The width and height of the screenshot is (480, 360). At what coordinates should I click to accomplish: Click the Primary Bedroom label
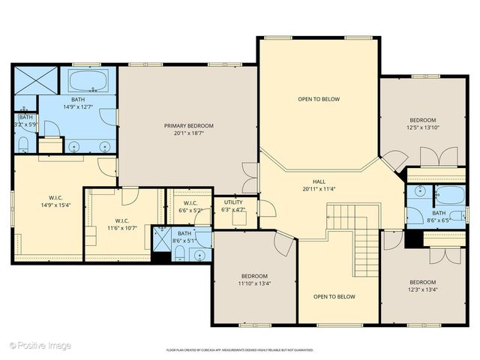click(189, 126)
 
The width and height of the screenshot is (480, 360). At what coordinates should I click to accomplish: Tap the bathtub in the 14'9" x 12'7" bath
click(88, 80)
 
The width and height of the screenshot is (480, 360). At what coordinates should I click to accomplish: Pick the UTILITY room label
click(234, 202)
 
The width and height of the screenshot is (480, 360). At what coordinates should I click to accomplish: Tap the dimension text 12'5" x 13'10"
click(422, 127)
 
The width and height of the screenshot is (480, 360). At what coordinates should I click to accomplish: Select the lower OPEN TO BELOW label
click(336, 297)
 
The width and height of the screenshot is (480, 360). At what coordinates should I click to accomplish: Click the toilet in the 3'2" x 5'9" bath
click(24, 142)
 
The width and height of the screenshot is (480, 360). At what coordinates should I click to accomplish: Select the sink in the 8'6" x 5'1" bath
click(199, 255)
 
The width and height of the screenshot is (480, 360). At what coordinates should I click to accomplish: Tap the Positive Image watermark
click(40, 345)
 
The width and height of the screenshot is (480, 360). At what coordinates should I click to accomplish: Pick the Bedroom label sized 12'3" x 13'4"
click(422, 282)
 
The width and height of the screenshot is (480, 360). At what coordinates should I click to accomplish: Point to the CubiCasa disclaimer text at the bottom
click(239, 350)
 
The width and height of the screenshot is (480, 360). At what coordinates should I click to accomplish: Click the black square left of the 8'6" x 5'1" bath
click(160, 256)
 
